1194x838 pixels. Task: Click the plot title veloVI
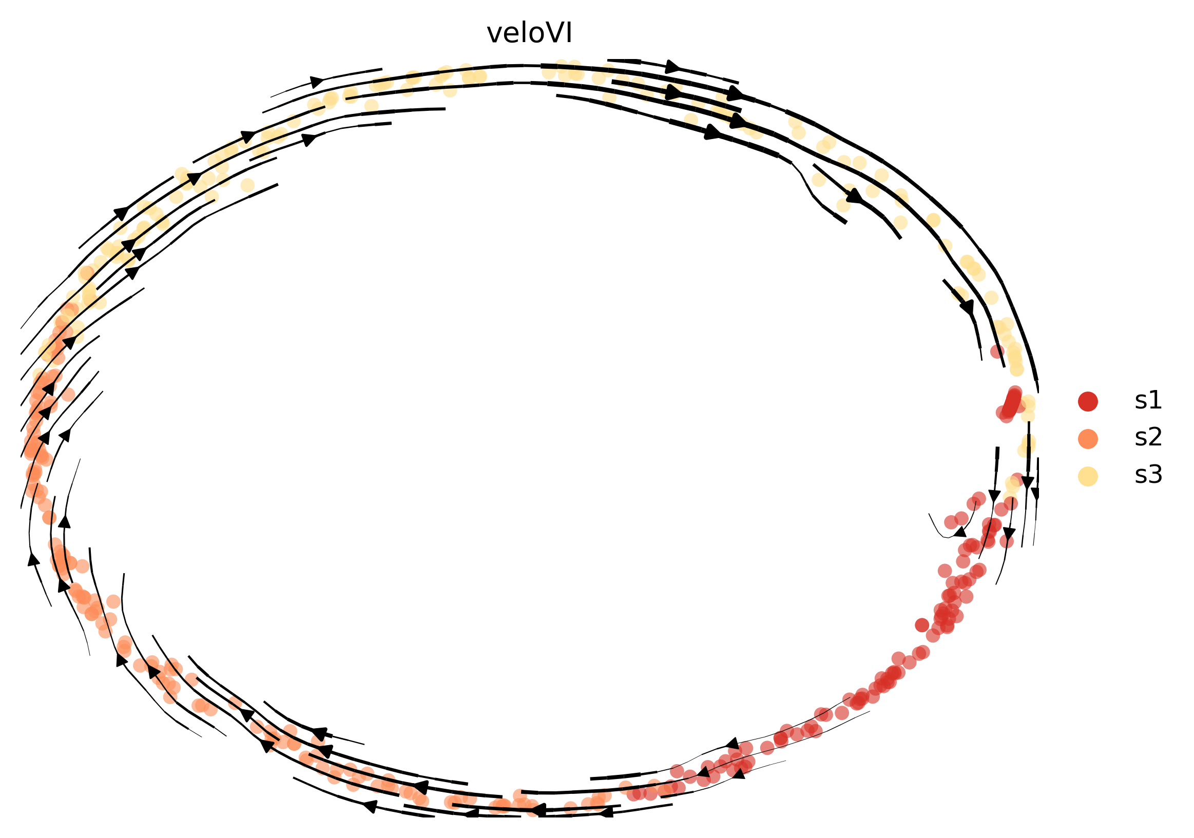pos(529,33)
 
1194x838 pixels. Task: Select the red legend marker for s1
pos(1088,401)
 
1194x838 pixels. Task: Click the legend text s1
pos(1148,401)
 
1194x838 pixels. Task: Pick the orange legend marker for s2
pos(1088,439)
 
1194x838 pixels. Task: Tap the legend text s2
pos(1148,438)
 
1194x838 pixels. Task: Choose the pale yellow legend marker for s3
pos(1088,476)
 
